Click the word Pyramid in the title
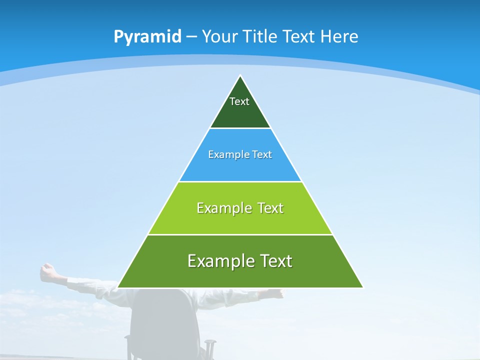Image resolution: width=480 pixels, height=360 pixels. pyautogui.click(x=147, y=37)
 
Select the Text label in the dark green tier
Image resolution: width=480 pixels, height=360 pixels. pyautogui.click(x=239, y=101)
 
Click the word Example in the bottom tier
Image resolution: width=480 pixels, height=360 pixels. pyautogui.click(x=214, y=261)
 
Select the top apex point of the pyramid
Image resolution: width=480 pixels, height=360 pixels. pyautogui.click(x=240, y=75)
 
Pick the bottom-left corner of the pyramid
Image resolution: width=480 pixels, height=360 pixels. pyautogui.click(x=118, y=287)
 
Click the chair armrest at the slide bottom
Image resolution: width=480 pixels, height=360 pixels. pyautogui.click(x=210, y=343)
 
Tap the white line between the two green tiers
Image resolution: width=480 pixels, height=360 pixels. pyautogui.click(x=240, y=234)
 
